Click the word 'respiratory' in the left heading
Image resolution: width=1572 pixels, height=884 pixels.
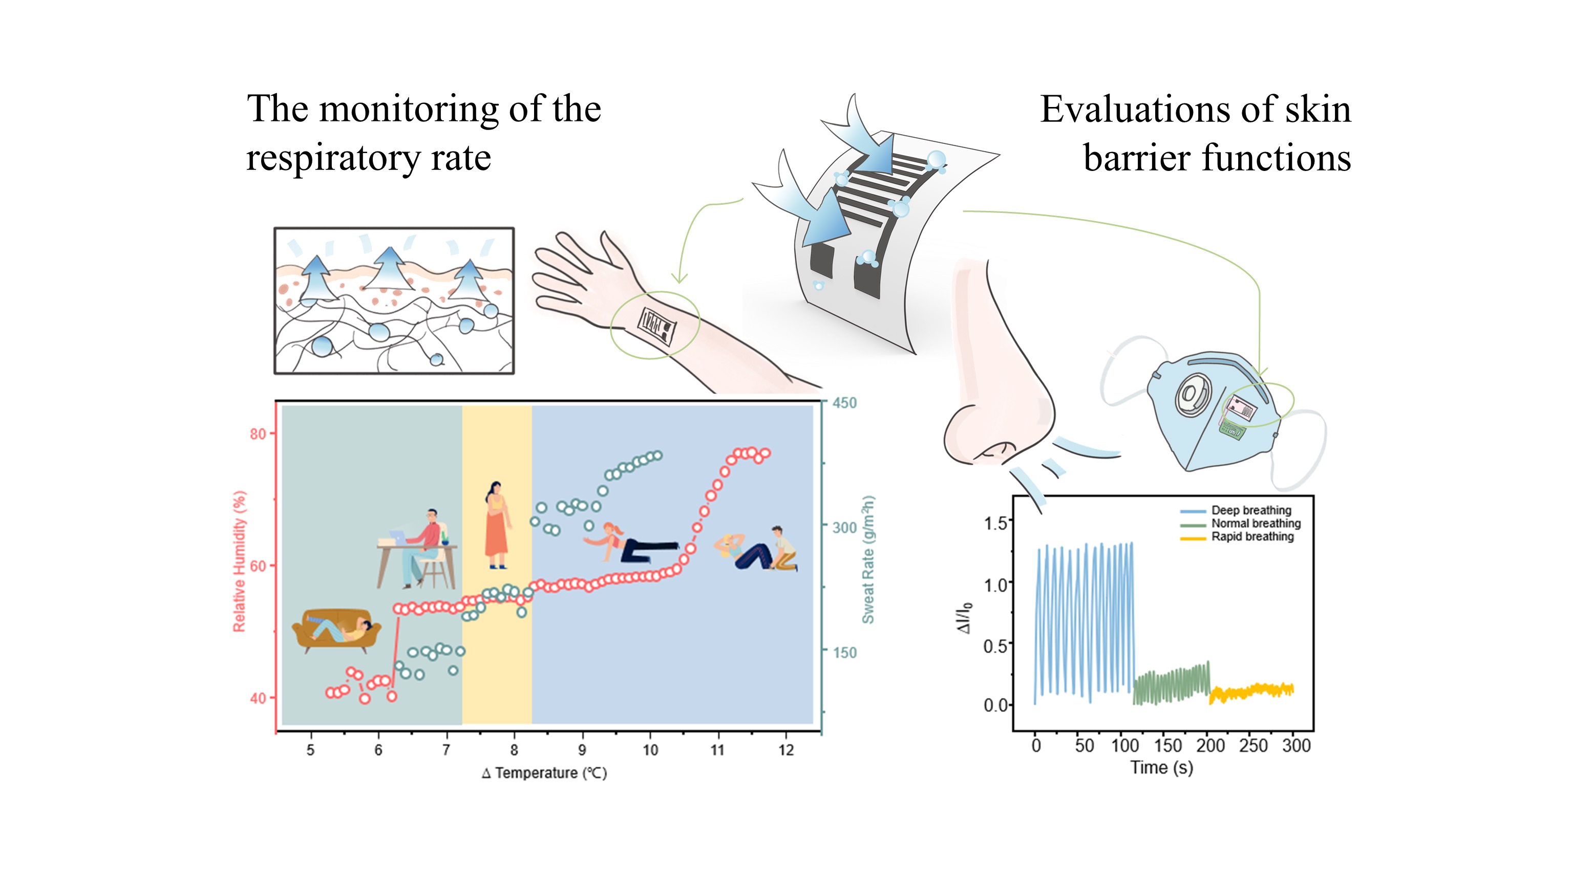(333, 159)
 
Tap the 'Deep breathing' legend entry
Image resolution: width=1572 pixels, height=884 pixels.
(1251, 510)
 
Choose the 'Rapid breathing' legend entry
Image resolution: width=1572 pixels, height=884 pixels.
(1252, 537)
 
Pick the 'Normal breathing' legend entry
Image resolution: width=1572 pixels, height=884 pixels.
(1256, 524)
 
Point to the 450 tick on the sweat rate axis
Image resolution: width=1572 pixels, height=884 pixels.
(844, 403)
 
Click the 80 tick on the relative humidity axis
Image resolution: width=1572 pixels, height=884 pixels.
(258, 435)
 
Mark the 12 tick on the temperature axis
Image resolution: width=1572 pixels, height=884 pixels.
(786, 750)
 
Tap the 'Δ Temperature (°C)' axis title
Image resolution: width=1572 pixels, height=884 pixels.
(544, 773)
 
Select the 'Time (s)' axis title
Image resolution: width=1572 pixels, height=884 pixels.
(1161, 767)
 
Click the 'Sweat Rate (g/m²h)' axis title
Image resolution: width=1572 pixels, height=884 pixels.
(868, 559)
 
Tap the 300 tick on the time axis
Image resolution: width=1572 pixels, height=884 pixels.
(1296, 745)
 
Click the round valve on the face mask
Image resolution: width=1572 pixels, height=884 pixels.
(1191, 395)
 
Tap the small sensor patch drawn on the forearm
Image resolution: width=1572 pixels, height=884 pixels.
(656, 327)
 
